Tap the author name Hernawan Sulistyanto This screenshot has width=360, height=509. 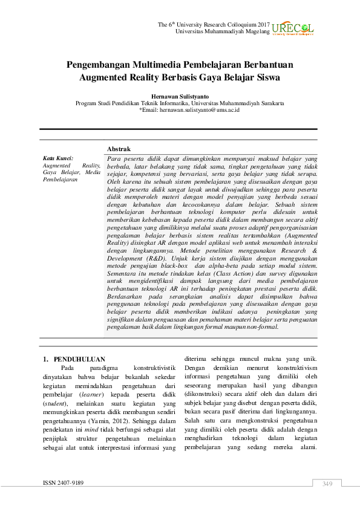point(180,96)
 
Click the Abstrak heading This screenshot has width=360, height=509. point(119,149)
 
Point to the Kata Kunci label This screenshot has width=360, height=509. point(57,158)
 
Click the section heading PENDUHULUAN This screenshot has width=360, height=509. point(79,358)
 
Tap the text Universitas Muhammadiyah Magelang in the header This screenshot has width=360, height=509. point(221,31)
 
